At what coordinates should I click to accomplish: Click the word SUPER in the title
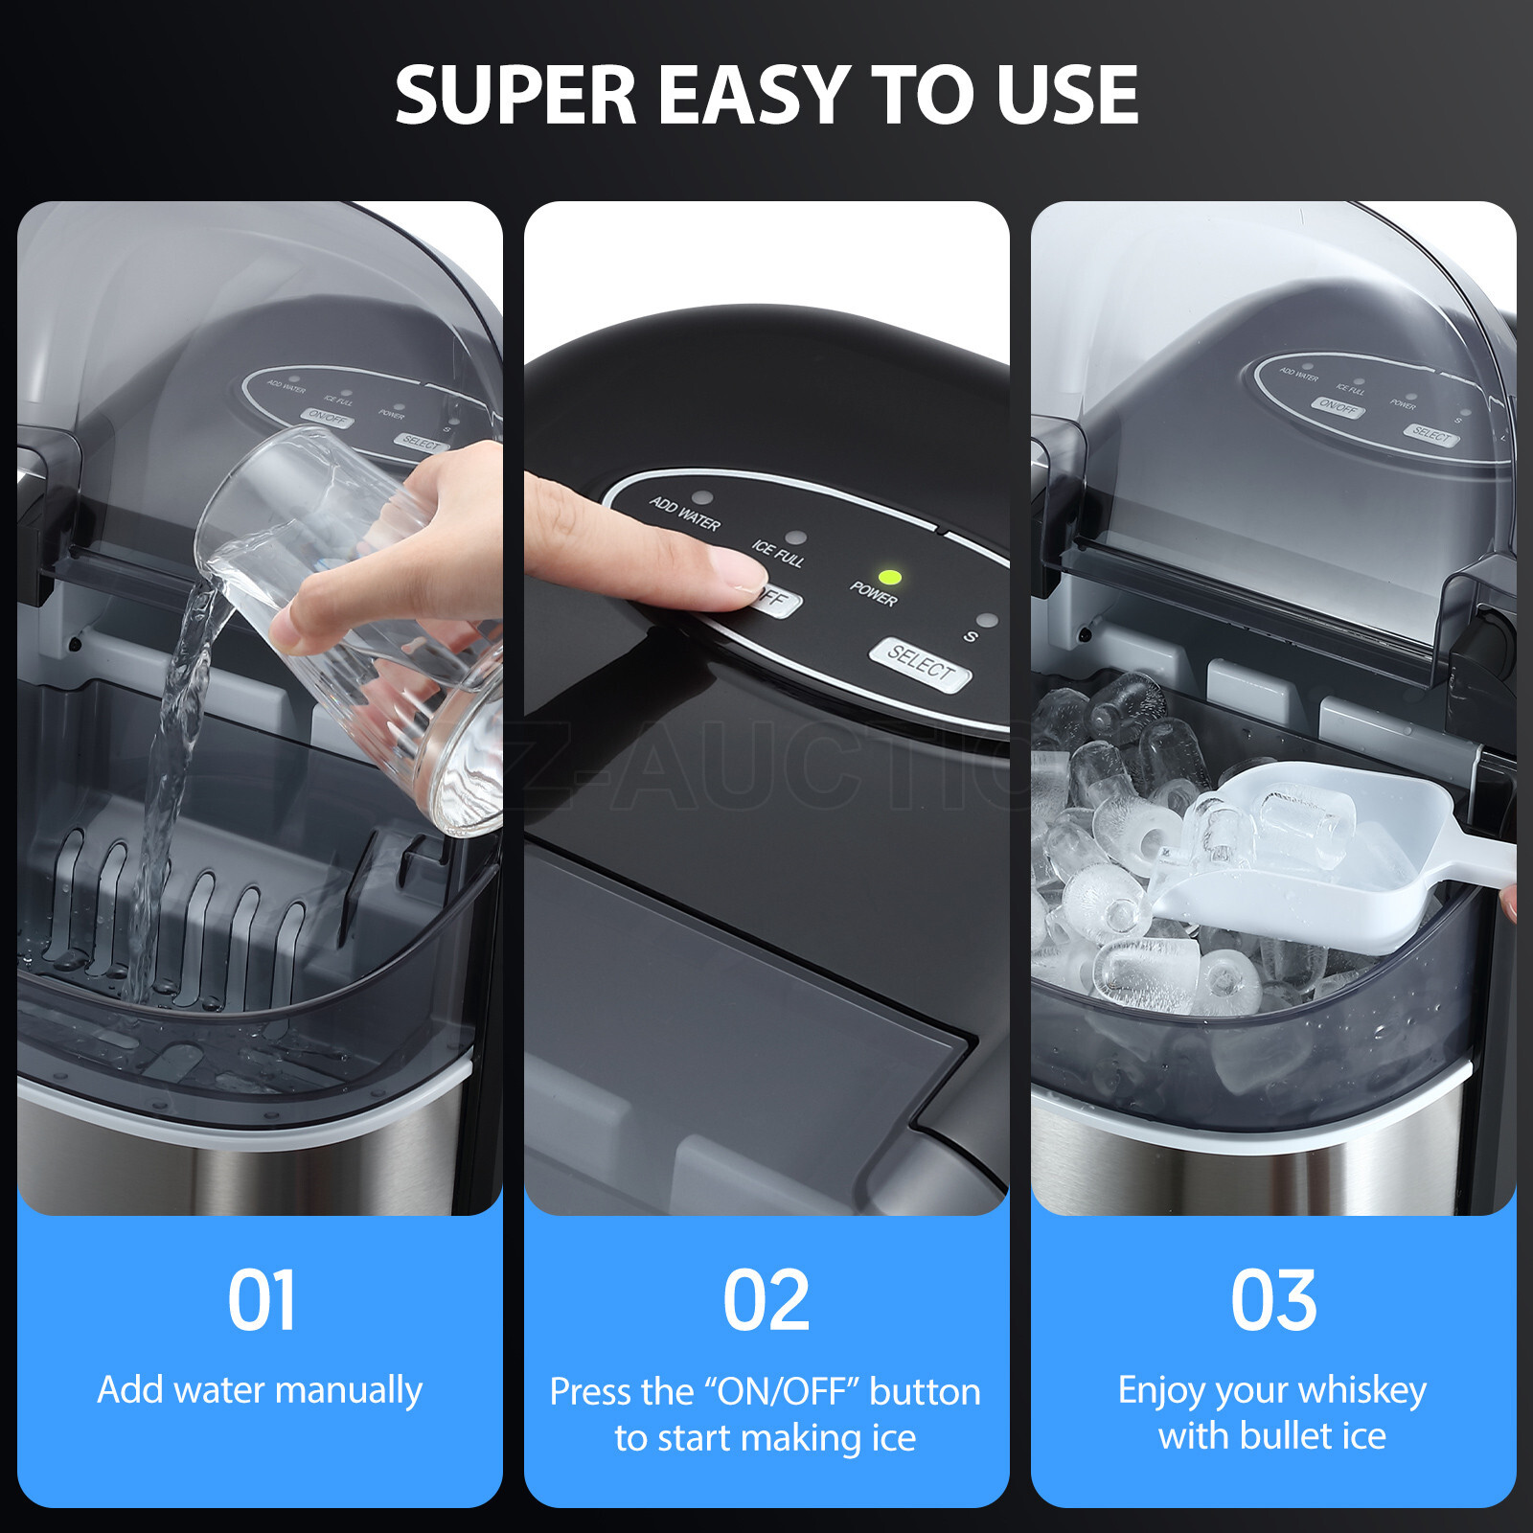point(515,95)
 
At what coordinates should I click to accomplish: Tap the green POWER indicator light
point(890,578)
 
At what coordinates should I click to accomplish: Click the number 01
point(261,1300)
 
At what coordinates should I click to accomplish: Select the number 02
point(766,1300)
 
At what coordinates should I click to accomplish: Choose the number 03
point(1273,1300)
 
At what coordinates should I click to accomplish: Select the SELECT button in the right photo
point(1431,434)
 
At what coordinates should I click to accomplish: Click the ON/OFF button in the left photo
point(327,418)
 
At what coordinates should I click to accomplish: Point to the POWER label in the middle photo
point(873,593)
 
